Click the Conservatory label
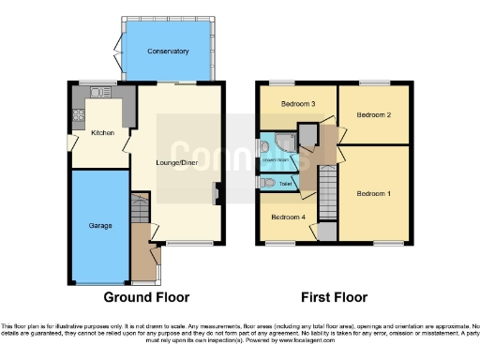[x=168, y=52]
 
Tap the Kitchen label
[x=102, y=133]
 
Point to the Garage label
[x=100, y=226]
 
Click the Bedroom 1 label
[x=374, y=193]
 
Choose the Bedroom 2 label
[x=373, y=114]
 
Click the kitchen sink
[x=97, y=92]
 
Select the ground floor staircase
[x=140, y=209]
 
